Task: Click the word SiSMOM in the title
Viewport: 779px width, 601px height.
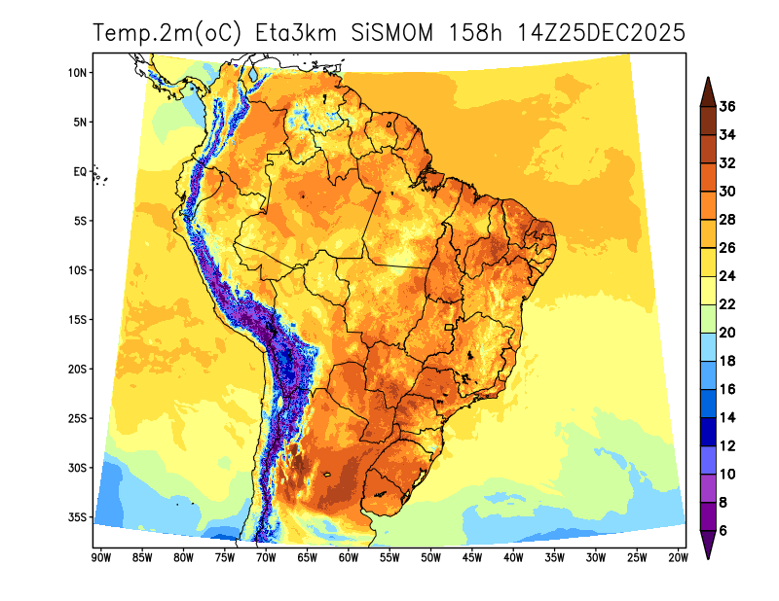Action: pyautogui.click(x=393, y=33)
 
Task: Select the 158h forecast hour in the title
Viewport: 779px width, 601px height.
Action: pyautogui.click(x=474, y=33)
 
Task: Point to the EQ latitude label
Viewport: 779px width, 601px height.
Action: pyautogui.click(x=81, y=171)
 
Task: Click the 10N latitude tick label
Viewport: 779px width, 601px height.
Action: pyautogui.click(x=79, y=73)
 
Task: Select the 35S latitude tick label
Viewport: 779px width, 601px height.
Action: pyautogui.click(x=79, y=517)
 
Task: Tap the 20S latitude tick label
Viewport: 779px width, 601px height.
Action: pyautogui.click(x=79, y=370)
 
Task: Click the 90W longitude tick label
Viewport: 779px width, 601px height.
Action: pyautogui.click(x=99, y=557)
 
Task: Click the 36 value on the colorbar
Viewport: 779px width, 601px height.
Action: pyautogui.click(x=727, y=107)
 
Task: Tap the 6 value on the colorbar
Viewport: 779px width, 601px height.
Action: pyautogui.click(x=723, y=530)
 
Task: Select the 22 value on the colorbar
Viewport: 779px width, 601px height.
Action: pyautogui.click(x=727, y=304)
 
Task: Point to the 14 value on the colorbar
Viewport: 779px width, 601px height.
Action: pyautogui.click(x=727, y=417)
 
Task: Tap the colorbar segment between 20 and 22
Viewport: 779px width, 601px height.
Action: pyautogui.click(x=709, y=319)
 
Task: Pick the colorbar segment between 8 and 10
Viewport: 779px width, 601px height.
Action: pyautogui.click(x=709, y=488)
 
